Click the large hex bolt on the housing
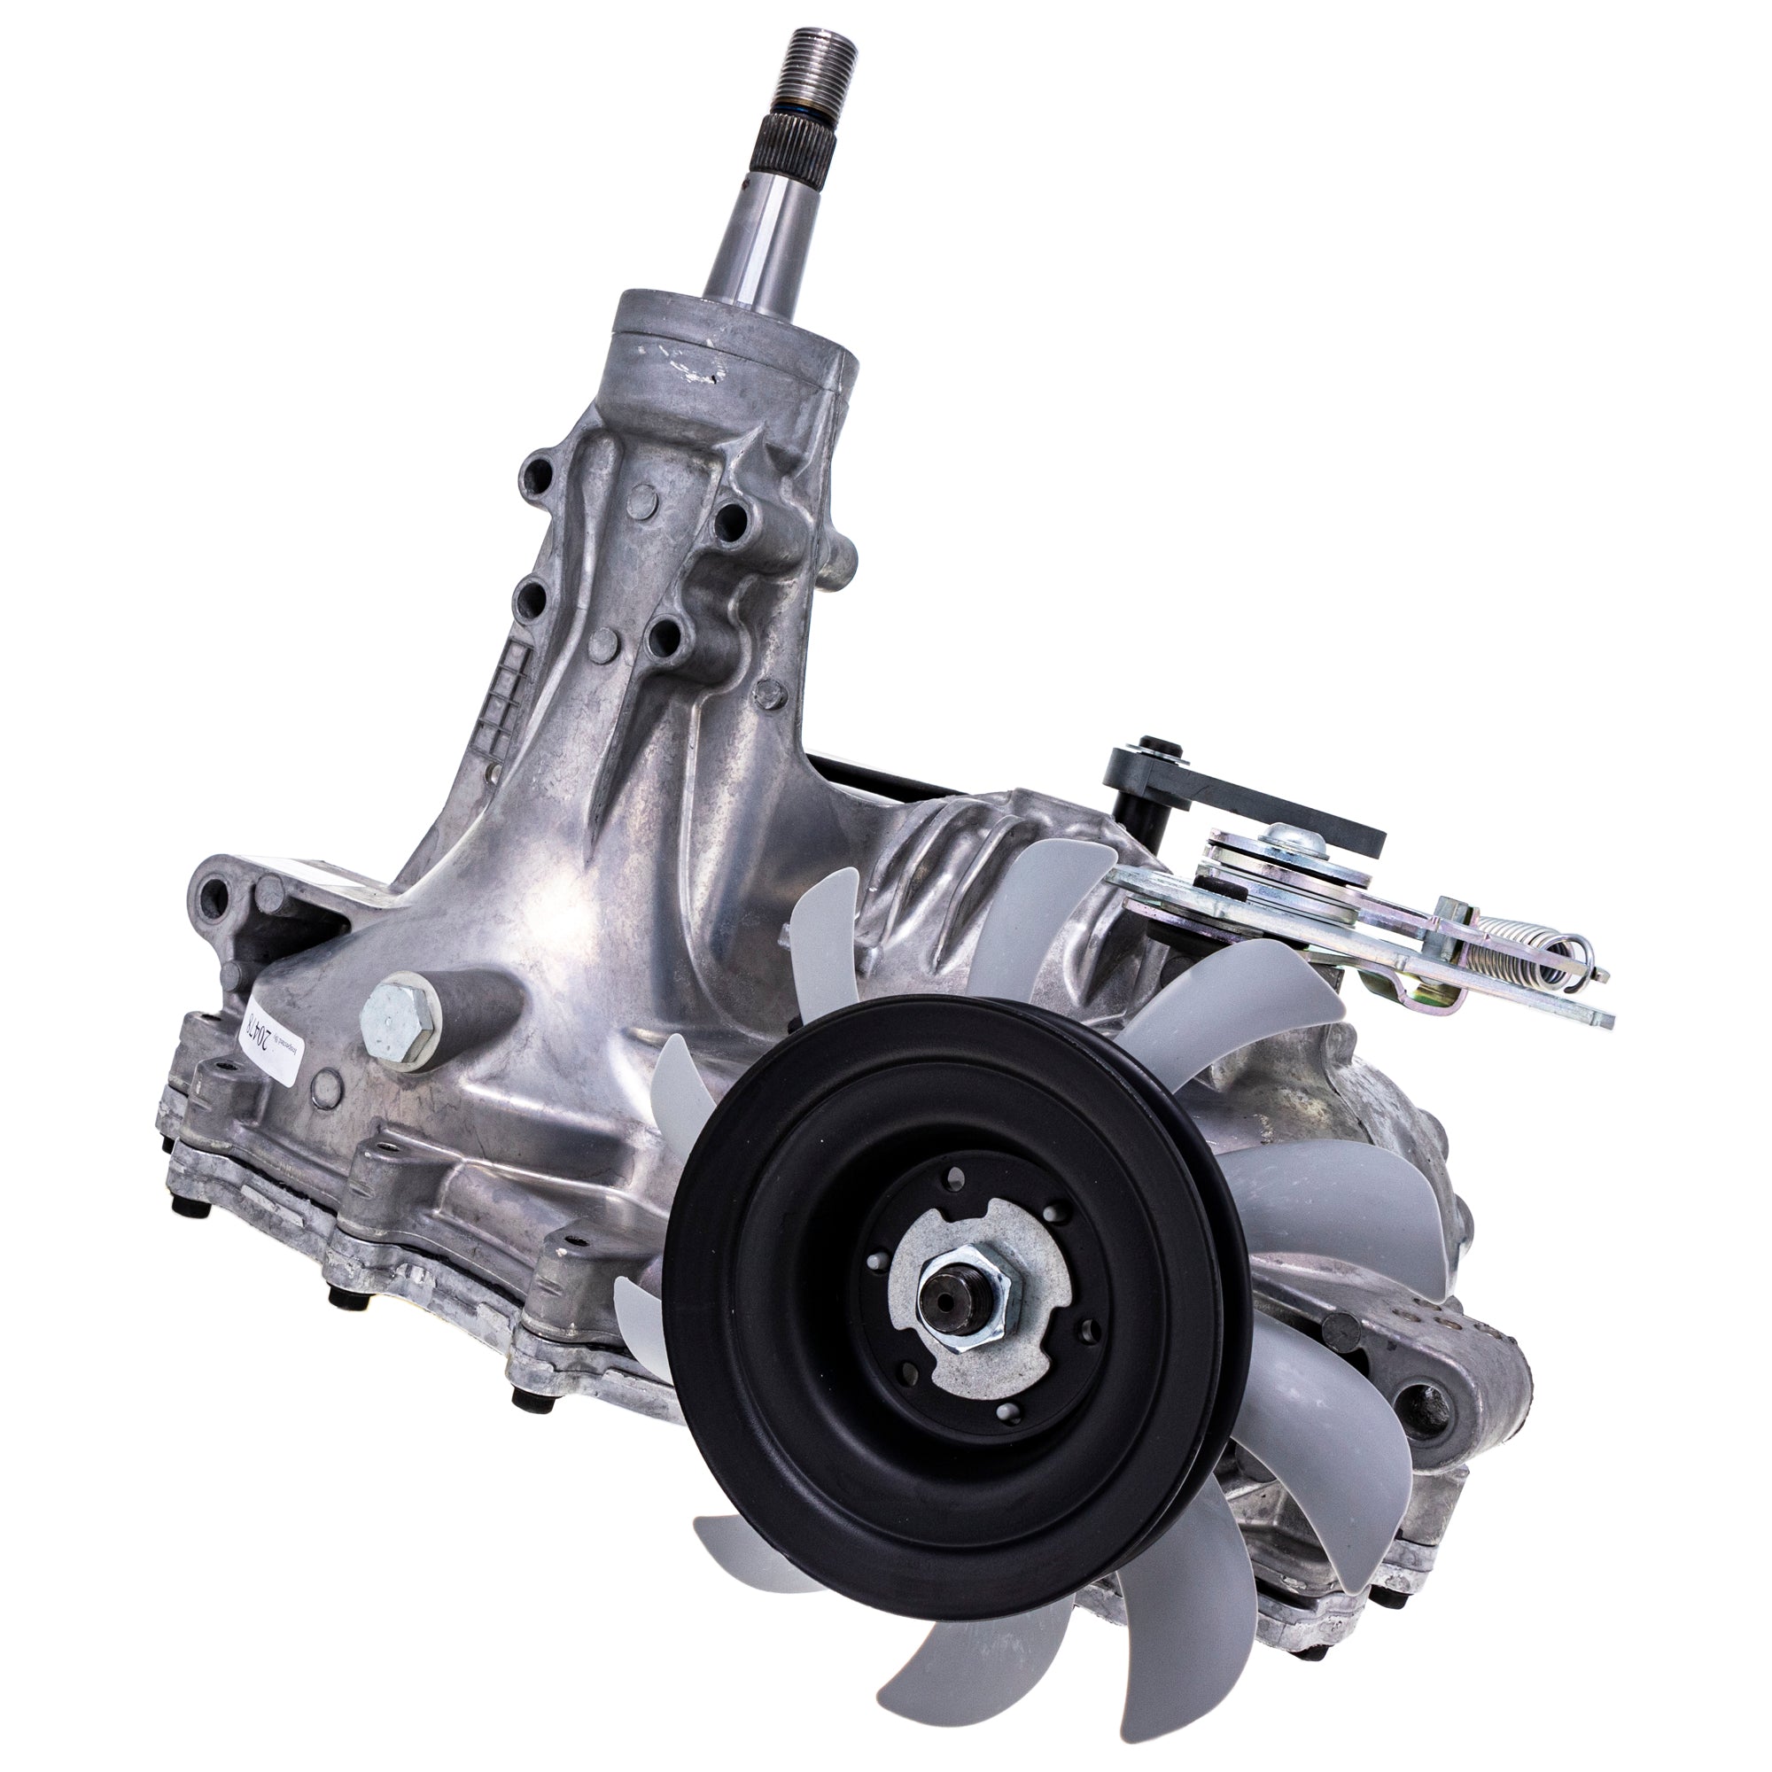point(397,1008)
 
